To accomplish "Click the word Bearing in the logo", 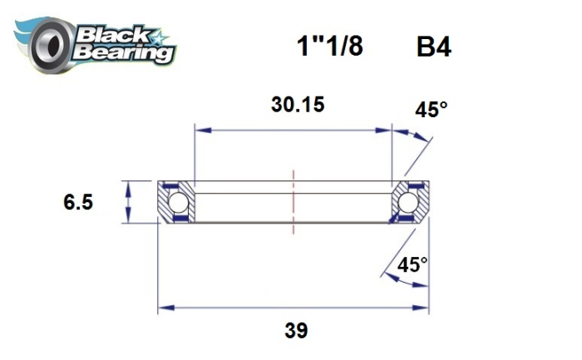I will [123, 52].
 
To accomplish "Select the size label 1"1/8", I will [330, 47].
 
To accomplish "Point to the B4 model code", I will [433, 47].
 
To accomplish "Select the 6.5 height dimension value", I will [76, 202].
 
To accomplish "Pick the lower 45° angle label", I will [412, 265].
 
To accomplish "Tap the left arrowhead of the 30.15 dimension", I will [200, 130].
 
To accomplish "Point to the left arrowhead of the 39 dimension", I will [164, 307].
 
